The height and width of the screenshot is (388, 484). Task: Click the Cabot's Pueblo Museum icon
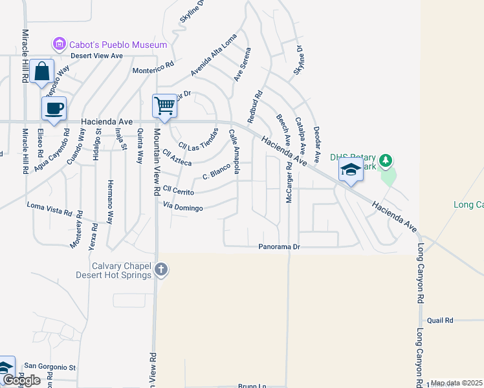[x=60, y=45]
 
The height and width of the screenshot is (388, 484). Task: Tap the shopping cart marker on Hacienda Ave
[x=165, y=105]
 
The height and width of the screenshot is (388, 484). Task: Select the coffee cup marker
[x=54, y=108]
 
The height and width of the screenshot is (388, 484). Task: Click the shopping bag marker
[x=41, y=71]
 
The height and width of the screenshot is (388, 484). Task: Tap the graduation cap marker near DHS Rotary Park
[x=350, y=169]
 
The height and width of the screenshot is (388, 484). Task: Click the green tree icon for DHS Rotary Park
[x=386, y=160]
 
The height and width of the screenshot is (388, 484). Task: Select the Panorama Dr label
[x=280, y=247]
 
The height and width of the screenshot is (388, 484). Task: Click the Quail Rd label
[x=440, y=320]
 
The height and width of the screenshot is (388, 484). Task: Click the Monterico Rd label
[x=153, y=69]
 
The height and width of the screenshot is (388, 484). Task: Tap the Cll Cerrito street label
[x=179, y=189]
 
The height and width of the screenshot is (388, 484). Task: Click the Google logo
[x=21, y=380]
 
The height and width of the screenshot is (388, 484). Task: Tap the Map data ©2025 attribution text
[x=456, y=383]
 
